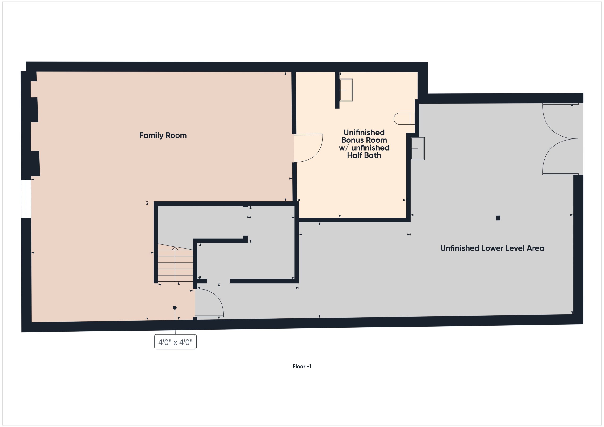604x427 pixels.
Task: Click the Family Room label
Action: point(163,135)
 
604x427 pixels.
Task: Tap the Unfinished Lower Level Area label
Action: point(492,248)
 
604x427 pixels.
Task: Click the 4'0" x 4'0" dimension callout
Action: point(175,342)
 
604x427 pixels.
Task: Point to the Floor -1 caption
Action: point(302,366)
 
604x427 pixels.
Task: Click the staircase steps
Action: point(175,266)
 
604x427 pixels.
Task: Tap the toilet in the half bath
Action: point(403,119)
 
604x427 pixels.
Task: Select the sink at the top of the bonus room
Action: point(346,90)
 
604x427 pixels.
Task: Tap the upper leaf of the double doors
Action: point(555,124)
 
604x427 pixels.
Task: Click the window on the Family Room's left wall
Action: point(26,199)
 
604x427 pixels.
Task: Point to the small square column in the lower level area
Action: point(498,218)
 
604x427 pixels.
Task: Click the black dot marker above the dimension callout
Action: point(175,308)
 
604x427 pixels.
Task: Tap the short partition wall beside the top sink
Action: point(337,90)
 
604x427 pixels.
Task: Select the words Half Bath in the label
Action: point(364,155)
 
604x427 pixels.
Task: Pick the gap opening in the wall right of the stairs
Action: point(218,281)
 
